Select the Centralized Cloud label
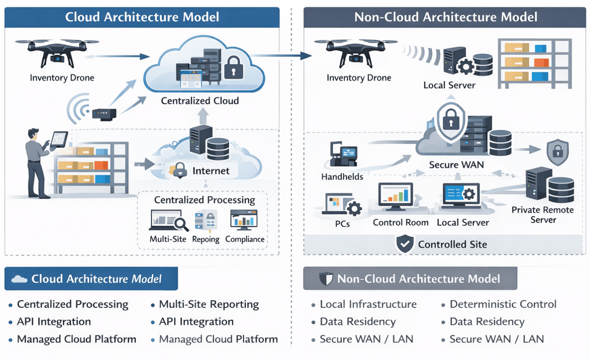(200, 101)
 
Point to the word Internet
(211, 171)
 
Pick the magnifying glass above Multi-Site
(180, 224)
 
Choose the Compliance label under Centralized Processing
(245, 239)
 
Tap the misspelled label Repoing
(206, 239)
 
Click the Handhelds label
(342, 177)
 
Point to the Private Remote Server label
(542, 215)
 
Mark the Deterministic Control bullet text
(503, 304)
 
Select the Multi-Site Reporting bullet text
(209, 305)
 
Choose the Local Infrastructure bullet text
(368, 305)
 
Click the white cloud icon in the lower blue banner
(19, 279)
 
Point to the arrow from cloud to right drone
(281, 55)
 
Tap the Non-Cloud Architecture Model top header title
(445, 17)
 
